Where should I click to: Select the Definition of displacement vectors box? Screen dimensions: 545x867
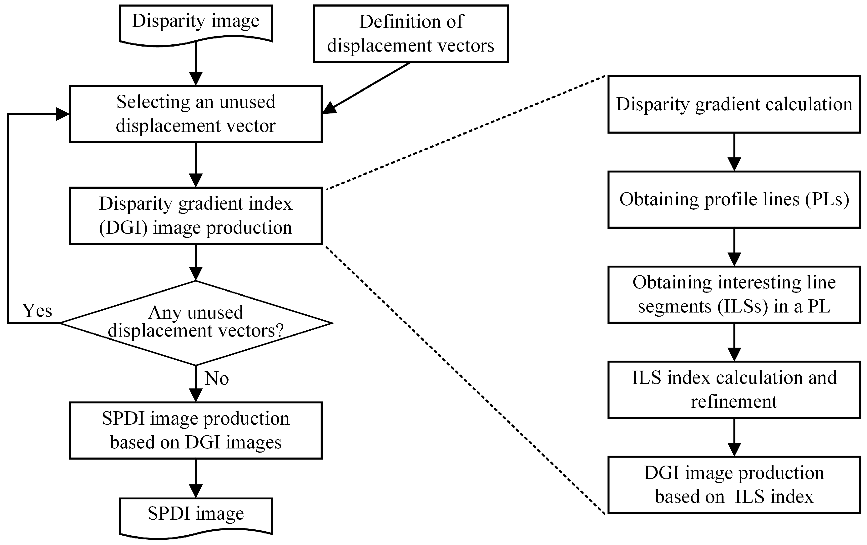(411, 33)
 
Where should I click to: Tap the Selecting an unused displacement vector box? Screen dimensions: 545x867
(195, 114)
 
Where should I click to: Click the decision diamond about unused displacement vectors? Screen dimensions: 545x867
(195, 322)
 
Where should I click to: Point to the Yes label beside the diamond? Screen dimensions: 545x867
(37, 310)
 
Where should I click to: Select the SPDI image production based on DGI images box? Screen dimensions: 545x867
(195, 430)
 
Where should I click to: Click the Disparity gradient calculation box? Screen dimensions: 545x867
(734, 104)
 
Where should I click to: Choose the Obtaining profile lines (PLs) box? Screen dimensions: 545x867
(734, 199)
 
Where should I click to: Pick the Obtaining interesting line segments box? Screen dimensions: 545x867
(734, 294)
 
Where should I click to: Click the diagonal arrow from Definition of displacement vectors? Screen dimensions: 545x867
(367, 87)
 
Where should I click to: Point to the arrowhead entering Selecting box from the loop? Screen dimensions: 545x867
(62, 114)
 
